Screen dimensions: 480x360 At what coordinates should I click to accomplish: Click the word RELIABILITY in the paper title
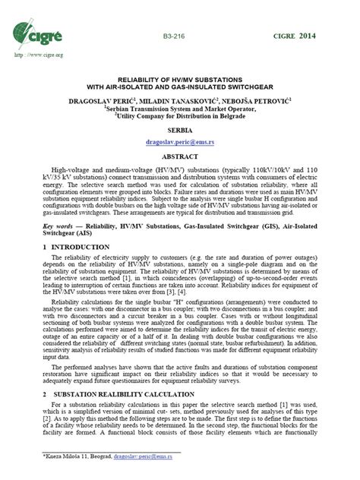click(x=141, y=78)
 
